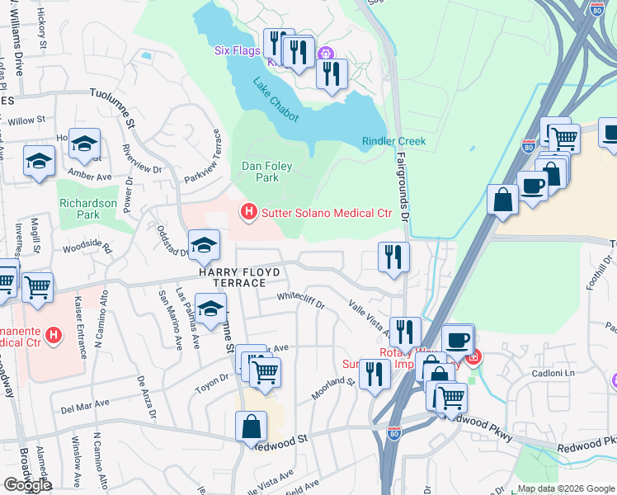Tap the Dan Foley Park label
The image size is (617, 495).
coord(266,172)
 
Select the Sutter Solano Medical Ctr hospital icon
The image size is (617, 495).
coord(248,213)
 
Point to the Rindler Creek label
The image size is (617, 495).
coord(393,141)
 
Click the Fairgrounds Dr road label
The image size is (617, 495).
coord(403,185)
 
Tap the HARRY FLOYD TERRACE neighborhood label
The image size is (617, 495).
coord(240,277)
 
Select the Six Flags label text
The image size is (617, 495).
coord(233,49)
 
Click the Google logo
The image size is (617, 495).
coord(26,484)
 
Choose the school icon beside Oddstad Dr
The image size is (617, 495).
coord(204,244)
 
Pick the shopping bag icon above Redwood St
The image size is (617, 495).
coord(251,427)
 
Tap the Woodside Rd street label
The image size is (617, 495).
coord(87,245)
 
